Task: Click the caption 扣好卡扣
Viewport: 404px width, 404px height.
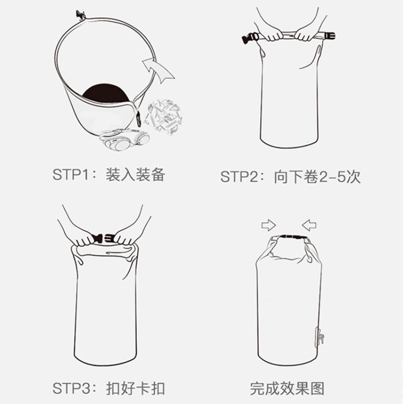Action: click(x=135, y=388)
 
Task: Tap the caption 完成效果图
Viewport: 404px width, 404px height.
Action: click(x=287, y=388)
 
